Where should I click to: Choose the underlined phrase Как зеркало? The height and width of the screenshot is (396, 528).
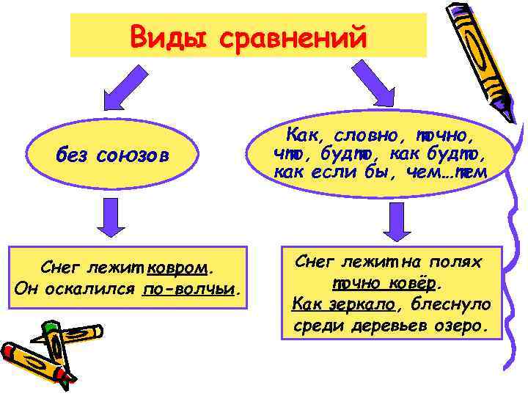coord(342,303)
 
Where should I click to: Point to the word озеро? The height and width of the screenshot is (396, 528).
coord(463,323)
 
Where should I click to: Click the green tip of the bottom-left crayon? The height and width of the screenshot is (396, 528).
coord(50,327)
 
